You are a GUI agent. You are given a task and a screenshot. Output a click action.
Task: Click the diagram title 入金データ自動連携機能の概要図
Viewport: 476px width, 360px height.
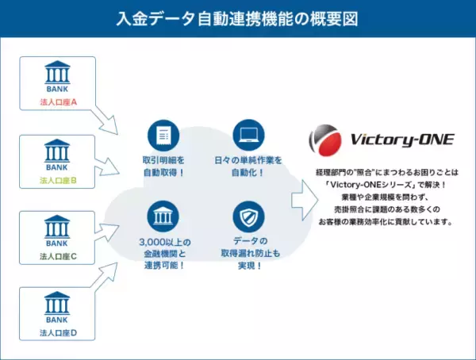(237, 18)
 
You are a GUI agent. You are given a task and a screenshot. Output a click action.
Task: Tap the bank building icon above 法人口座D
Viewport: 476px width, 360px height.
(56, 304)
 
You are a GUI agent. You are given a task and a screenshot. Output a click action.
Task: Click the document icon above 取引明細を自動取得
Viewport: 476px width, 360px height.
(163, 135)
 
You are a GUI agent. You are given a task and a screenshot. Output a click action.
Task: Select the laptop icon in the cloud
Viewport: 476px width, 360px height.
(248, 135)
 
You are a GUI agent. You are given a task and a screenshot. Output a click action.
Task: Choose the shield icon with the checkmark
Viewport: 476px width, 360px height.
(248, 216)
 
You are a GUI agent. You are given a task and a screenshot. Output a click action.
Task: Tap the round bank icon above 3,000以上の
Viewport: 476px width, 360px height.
(163, 216)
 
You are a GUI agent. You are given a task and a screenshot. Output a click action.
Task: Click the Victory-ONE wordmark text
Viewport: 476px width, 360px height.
(401, 140)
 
